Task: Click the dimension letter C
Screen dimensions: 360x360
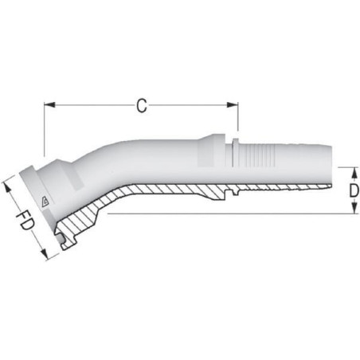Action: [x=142, y=106]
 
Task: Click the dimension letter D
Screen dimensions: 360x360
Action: [x=354, y=190]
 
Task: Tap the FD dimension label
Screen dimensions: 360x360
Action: [x=25, y=220]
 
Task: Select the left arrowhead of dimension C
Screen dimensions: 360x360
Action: [x=49, y=105]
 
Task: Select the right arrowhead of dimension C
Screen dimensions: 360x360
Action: [x=233, y=105]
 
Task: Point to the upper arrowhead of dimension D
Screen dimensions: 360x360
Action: [x=354, y=174]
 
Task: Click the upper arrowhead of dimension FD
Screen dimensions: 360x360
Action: [x=8, y=188]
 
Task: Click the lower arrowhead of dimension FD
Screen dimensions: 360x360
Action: [x=44, y=253]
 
